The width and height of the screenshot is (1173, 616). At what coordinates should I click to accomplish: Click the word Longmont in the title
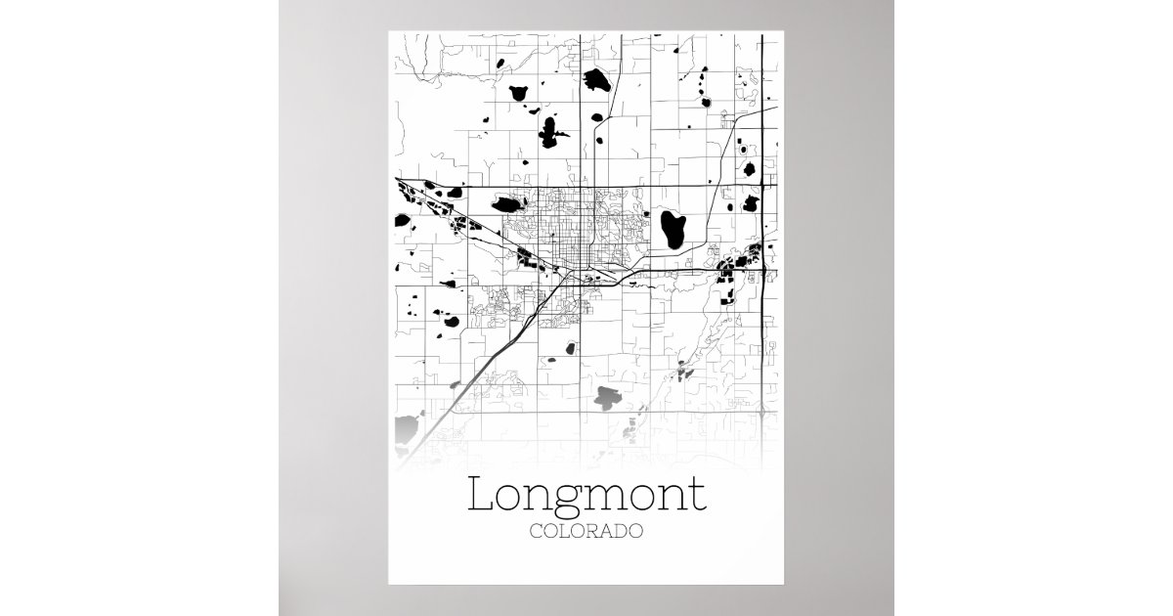[x=586, y=496]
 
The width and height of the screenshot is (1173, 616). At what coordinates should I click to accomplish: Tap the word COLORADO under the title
[x=586, y=533]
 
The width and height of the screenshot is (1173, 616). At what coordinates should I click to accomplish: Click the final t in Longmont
[x=698, y=496]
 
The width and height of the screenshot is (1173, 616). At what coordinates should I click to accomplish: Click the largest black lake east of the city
[x=672, y=229]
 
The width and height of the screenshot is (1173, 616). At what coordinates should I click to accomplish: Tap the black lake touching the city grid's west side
[x=507, y=204]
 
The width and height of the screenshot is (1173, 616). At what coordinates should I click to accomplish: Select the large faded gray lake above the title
[x=608, y=397]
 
